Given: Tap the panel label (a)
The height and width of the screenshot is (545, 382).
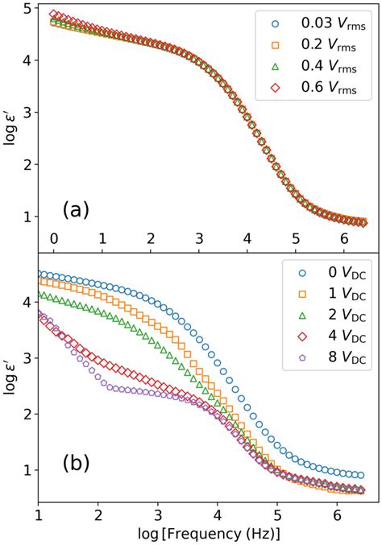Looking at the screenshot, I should (76, 210).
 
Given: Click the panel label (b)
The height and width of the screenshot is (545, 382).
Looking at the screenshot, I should (76, 464).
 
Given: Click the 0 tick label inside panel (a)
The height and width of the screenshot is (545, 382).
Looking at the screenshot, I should (54, 238).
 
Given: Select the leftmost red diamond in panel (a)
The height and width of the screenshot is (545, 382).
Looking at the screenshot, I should (54, 14).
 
